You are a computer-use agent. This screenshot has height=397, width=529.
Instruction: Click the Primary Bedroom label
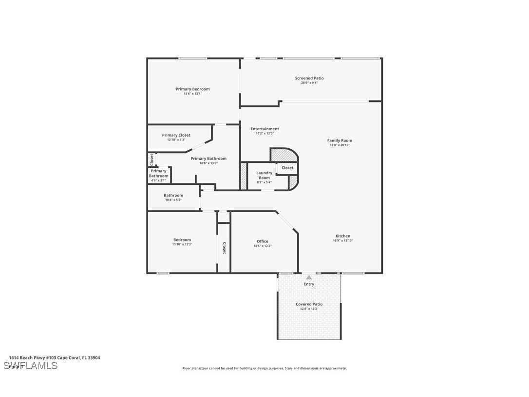pos(192,89)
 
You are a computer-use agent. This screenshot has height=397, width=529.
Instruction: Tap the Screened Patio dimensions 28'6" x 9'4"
pos(309,83)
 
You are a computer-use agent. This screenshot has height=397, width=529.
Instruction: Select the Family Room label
pos(340,140)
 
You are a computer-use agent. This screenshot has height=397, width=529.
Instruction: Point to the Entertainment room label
pos(264,129)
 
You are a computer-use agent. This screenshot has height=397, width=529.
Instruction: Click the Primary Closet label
pos(176,135)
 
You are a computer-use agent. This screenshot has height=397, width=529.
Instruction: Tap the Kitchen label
pos(342,236)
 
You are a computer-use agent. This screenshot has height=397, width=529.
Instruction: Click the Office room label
pos(262,241)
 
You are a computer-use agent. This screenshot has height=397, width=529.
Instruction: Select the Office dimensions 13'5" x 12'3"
pos(262,246)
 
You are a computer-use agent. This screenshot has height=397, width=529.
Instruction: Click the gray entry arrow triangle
pos(309,278)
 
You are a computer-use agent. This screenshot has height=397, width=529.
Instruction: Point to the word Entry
pos(309,284)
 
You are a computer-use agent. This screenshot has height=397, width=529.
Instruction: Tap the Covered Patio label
pos(309,304)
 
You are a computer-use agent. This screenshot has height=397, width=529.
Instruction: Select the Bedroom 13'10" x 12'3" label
pos(182,240)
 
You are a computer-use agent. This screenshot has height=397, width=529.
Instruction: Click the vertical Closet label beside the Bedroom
pos(224,248)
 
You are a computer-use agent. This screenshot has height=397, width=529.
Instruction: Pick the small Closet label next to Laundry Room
pos(287,168)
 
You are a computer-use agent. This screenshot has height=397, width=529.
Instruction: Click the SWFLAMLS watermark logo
pos(31,366)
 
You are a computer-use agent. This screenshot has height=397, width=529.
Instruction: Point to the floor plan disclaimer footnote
pos(264,368)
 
